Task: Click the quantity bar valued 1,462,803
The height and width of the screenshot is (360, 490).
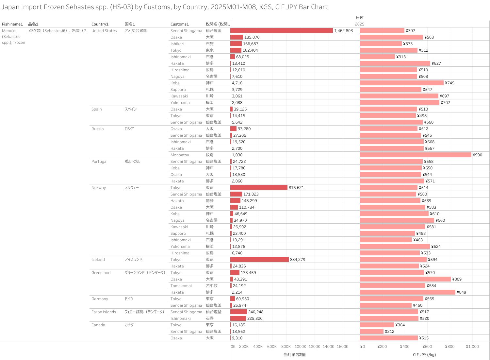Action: [281, 30]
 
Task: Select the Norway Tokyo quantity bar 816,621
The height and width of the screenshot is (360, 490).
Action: [259, 187]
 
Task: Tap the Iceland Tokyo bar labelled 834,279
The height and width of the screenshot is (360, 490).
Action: [259, 259]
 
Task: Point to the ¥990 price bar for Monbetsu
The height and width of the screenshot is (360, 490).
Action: [416, 155]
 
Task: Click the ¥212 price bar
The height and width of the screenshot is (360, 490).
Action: [371, 331]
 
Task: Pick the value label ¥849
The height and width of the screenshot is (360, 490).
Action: [462, 292]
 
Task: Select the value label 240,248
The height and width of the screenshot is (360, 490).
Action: [256, 312]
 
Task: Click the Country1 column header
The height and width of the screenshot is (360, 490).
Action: [100, 24]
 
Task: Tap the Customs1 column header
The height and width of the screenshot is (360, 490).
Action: [179, 24]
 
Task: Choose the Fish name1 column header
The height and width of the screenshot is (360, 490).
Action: [12, 24]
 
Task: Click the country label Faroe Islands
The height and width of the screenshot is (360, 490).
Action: [104, 312]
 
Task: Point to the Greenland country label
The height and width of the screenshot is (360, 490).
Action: [101, 273]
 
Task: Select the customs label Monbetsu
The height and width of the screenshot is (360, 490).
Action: [180, 155]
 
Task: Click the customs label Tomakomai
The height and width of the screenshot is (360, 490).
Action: [181, 286]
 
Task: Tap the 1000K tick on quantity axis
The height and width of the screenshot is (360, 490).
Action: [300, 347]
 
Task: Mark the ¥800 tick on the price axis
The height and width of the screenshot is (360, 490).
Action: [449, 347]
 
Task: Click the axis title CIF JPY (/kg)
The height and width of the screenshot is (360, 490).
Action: [424, 355]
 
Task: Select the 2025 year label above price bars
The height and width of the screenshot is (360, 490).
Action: [359, 24]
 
